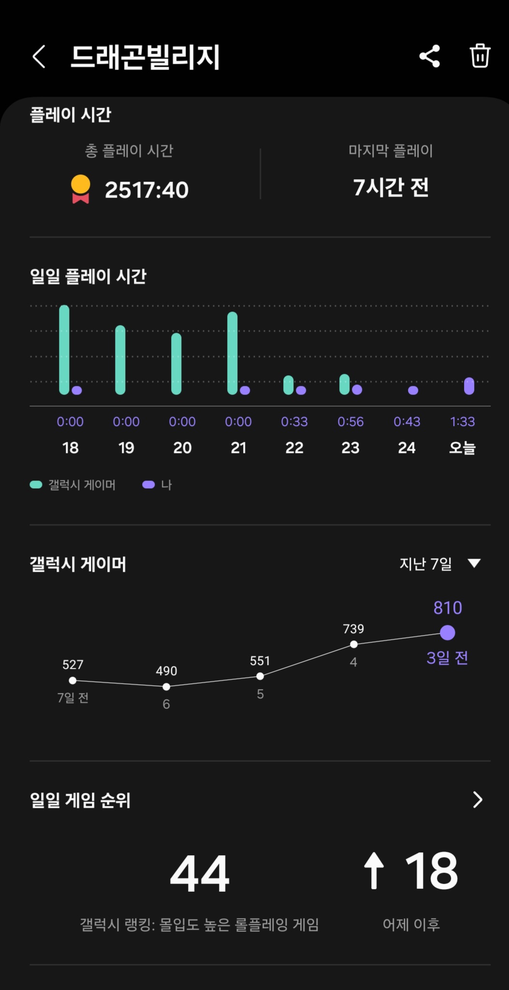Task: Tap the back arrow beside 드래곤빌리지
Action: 39,57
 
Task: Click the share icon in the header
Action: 430,56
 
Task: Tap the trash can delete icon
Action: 480,56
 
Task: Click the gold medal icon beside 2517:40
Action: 81,189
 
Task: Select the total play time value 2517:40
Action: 146,190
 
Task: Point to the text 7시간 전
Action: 391,187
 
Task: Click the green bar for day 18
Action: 64,350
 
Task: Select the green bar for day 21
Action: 233,353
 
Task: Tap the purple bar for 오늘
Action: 469,386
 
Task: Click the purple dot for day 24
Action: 413,390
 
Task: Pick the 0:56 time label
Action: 350,422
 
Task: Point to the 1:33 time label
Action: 463,422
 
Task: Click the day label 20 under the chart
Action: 182,448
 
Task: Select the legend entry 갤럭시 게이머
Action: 73,485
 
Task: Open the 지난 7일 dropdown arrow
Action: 474,563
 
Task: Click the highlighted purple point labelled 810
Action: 448,633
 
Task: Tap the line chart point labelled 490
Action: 166,687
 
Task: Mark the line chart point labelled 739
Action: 354,644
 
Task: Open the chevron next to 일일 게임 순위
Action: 478,800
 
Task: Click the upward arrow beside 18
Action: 374,871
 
